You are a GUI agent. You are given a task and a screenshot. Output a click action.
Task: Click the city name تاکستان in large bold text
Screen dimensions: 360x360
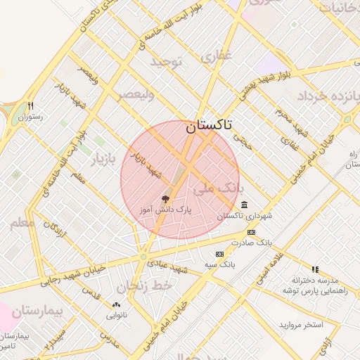210,127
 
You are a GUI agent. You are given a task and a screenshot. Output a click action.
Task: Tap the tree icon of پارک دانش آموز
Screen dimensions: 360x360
166,200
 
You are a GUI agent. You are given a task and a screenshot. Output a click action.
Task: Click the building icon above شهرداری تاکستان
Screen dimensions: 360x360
244,205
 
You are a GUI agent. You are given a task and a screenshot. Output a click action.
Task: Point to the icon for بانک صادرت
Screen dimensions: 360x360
251,233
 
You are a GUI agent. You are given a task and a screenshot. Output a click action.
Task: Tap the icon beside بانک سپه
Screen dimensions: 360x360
220,254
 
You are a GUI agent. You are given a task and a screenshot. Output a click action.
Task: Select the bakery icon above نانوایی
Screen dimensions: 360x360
116,306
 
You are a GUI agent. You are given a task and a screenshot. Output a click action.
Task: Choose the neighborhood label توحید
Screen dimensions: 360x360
165,62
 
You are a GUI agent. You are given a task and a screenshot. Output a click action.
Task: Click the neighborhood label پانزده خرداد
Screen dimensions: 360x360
328,96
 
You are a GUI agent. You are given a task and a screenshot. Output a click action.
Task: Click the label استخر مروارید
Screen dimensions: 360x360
301,325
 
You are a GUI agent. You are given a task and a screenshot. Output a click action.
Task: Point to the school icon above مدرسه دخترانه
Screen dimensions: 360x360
315,269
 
